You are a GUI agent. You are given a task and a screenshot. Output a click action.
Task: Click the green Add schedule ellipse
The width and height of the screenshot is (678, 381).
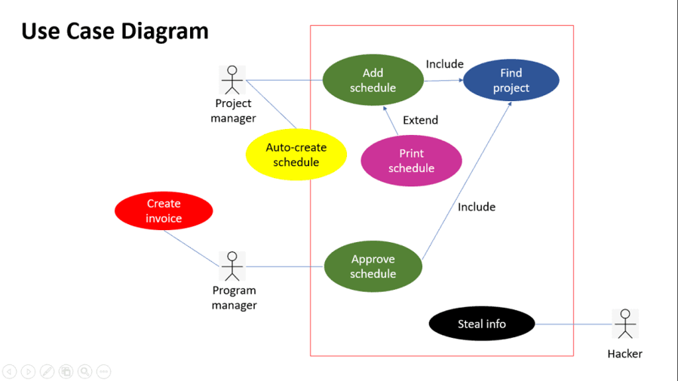(373, 80)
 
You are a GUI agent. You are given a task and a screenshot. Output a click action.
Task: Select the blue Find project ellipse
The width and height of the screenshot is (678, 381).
(511, 80)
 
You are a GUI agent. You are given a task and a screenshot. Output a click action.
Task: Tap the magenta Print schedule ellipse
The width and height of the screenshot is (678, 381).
(411, 161)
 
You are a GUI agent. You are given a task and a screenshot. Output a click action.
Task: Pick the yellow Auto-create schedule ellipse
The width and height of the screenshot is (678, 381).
(296, 155)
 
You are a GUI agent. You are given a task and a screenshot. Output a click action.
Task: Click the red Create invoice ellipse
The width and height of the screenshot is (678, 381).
(164, 210)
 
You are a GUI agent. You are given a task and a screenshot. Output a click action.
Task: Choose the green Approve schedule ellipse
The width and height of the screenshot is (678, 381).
(373, 266)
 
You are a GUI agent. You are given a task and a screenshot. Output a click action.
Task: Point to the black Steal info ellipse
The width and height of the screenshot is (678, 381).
(482, 324)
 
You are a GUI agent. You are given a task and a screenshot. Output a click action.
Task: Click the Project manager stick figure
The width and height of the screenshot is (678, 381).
(232, 80)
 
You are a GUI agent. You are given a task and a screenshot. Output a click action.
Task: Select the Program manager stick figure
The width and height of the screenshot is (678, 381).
(232, 266)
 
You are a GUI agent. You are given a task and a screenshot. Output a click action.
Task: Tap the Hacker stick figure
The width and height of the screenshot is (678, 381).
(624, 324)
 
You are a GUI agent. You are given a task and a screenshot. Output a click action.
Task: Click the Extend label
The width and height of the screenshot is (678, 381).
(420, 120)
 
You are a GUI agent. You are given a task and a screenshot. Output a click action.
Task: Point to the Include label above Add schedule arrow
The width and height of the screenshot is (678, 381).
(444, 64)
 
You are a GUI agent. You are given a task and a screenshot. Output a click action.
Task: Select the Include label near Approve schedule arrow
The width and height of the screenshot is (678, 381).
(476, 207)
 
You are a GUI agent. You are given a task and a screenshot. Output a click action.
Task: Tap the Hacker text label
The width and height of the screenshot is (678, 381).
(624, 353)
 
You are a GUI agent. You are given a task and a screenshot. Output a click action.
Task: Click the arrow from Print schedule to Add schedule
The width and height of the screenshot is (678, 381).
(390, 121)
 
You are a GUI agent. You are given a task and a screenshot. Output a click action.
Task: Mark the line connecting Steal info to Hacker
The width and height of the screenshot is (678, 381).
(573, 324)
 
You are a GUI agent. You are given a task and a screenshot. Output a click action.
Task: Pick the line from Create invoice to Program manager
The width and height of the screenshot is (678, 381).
(191, 248)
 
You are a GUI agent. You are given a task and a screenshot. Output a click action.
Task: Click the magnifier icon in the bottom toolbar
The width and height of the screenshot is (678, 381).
(84, 371)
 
